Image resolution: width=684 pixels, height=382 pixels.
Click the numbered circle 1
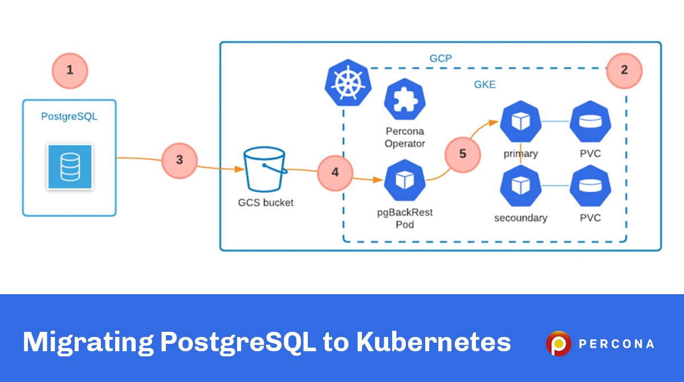70,71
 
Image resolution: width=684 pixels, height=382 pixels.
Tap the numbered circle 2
624,71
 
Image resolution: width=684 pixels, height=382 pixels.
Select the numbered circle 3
179,160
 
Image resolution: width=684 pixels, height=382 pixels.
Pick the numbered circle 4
335,172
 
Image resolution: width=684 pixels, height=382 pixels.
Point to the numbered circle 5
462,154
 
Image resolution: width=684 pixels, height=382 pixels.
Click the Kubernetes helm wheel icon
345,83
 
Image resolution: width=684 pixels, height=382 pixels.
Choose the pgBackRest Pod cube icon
404,181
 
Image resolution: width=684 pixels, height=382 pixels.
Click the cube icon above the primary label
520,121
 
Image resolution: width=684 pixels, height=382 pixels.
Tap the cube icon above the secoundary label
520,186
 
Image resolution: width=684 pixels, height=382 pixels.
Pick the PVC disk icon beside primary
591,121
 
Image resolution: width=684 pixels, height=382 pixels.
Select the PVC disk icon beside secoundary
591,186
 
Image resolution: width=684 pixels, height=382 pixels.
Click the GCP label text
440,58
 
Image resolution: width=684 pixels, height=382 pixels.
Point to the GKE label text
485,84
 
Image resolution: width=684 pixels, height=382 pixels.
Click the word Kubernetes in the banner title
433,342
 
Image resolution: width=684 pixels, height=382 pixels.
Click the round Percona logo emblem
558,343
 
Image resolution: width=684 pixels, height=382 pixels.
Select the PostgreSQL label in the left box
70,117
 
